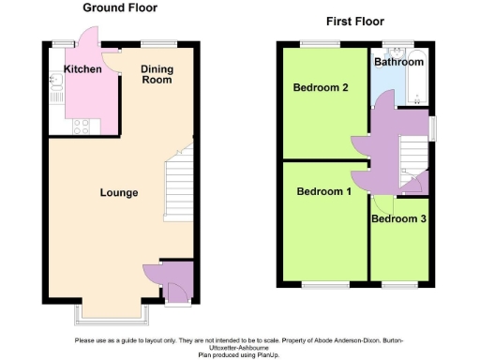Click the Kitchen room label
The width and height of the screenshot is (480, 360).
[x=82, y=69]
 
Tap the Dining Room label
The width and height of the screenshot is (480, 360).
[x=157, y=75]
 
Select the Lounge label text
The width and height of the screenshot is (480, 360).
[x=119, y=193]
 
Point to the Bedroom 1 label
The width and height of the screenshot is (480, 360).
[x=323, y=192]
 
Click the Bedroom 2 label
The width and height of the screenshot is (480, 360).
[x=321, y=89]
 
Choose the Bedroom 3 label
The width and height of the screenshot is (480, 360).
[x=398, y=219]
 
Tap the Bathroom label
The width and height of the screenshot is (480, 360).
[x=398, y=62]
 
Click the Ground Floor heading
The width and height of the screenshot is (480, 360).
[x=120, y=7]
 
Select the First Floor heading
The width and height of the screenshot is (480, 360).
[x=354, y=22]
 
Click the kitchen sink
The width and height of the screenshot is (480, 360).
[x=55, y=91]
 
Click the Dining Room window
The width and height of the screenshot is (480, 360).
[x=158, y=44]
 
